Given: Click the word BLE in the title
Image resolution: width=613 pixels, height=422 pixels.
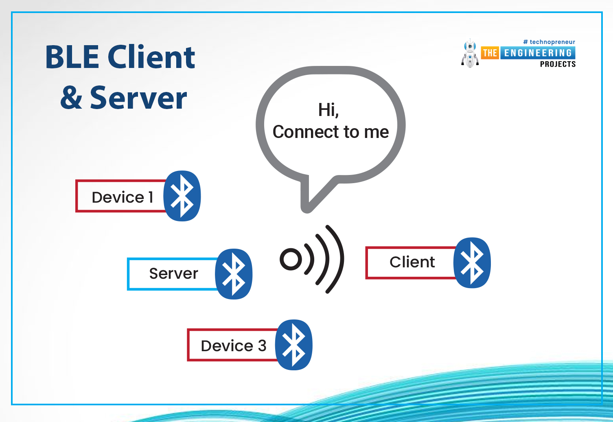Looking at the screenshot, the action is click(x=72, y=57).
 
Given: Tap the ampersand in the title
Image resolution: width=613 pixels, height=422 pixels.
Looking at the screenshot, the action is click(x=71, y=97).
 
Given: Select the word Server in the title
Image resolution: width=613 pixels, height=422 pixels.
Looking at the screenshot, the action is click(x=138, y=97).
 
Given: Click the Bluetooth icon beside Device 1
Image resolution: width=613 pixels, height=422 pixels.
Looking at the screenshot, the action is click(x=182, y=196).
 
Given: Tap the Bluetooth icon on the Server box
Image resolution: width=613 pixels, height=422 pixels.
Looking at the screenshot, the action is click(x=233, y=274).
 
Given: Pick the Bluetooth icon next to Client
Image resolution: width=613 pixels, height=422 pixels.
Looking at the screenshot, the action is click(x=472, y=263).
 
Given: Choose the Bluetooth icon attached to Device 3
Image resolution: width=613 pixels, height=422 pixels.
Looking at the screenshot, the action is click(x=293, y=345).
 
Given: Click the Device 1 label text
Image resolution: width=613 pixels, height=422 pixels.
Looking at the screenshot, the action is click(x=123, y=197).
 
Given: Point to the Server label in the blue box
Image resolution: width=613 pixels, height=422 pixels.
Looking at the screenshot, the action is click(x=173, y=273).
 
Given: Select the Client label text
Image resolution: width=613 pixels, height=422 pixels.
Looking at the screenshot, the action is click(x=412, y=262).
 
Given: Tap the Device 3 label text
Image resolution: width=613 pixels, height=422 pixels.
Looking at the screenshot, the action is click(x=233, y=345).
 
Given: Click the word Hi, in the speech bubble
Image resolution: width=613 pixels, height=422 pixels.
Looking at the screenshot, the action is click(x=328, y=110).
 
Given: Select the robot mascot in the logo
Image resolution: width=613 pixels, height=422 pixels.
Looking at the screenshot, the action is click(x=470, y=53).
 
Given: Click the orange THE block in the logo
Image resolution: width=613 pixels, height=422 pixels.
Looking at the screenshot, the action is click(x=490, y=53).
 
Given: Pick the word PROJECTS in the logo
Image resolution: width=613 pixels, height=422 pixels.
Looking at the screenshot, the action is click(x=558, y=64).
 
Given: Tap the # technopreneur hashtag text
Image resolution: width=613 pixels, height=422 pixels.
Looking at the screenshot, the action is click(x=549, y=42).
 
